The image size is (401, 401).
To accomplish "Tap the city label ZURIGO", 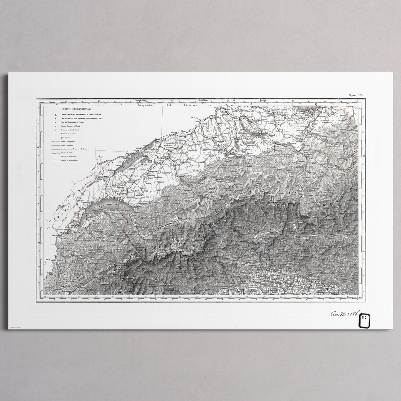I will (x=244, y=118).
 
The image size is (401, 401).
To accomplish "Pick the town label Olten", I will (x=198, y=122).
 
